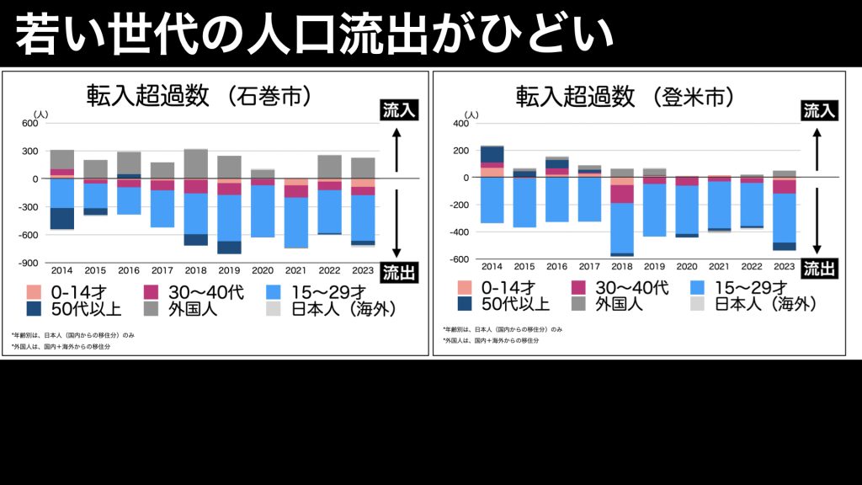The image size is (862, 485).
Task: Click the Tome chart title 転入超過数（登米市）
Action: [625, 96]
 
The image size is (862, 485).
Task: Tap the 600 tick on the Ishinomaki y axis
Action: [30, 124]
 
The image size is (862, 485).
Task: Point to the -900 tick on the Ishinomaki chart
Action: [29, 262]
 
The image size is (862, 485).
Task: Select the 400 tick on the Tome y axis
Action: [460, 124]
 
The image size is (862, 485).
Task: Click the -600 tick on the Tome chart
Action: [459, 258]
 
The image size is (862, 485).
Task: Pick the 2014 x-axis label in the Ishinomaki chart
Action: [62, 271]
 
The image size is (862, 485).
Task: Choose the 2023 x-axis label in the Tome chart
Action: [784, 267]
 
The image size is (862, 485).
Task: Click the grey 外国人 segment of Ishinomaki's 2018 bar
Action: [196, 164]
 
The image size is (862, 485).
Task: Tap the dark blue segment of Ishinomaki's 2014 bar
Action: [62, 218]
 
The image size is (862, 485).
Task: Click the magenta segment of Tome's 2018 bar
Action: [622, 194]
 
